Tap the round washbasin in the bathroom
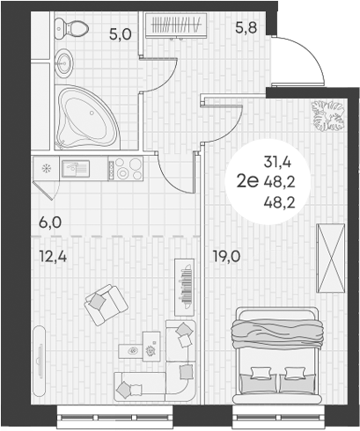63,62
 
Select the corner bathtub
89,117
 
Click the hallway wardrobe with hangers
179,25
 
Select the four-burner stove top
129,167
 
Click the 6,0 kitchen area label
49,222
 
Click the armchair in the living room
106,303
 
